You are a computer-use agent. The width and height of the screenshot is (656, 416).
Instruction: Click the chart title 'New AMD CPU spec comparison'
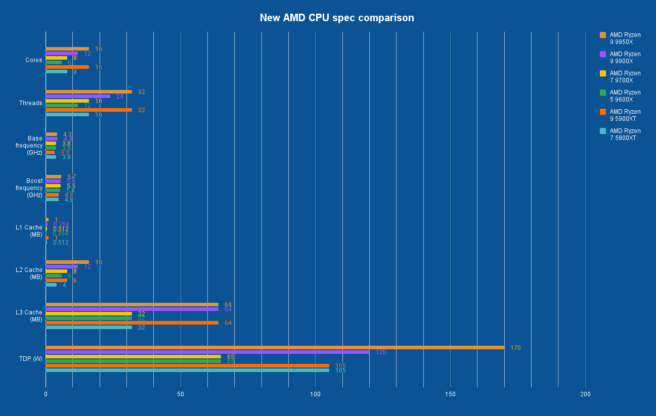pyautogui.click(x=336, y=18)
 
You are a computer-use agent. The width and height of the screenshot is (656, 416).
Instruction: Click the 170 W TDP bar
pyautogui.click(x=275, y=347)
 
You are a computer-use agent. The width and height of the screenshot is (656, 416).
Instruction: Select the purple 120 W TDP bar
pyautogui.click(x=207, y=352)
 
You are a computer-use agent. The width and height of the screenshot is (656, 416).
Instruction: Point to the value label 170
pyautogui.click(x=515, y=348)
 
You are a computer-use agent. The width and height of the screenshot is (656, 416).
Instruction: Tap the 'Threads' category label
pyautogui.click(x=31, y=103)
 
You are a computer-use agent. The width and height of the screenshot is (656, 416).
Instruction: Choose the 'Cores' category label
pyautogui.click(x=34, y=60)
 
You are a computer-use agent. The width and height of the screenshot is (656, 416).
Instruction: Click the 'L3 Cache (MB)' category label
pyautogui.click(x=29, y=316)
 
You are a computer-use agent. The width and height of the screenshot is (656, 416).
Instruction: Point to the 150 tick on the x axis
pyautogui.click(x=450, y=394)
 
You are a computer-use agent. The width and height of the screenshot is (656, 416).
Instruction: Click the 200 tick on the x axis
pyautogui.click(x=585, y=394)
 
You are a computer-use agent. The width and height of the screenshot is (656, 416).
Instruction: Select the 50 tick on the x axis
pyautogui.click(x=181, y=394)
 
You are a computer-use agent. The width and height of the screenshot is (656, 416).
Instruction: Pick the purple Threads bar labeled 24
pyautogui.click(x=78, y=96)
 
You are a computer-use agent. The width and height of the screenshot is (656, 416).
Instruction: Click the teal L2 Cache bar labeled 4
pyautogui.click(x=51, y=285)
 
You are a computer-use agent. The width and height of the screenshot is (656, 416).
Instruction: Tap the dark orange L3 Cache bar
pyautogui.click(x=132, y=322)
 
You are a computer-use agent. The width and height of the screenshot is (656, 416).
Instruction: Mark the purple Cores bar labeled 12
pyautogui.click(x=62, y=53)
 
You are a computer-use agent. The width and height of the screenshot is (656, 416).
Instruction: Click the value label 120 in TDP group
pyautogui.click(x=381, y=352)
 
